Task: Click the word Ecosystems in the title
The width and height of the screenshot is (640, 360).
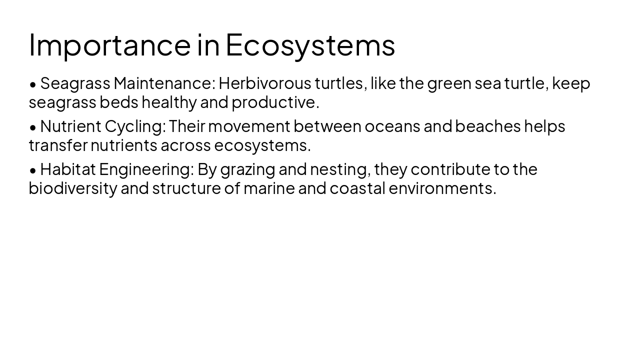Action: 310,44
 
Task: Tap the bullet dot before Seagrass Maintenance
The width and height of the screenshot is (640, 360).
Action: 33,84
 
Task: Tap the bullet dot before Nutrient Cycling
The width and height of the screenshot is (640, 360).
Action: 33,127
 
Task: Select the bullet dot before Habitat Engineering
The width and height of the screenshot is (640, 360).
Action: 33,170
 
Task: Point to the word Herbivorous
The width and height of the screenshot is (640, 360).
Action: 264,83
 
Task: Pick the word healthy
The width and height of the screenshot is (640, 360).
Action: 169,102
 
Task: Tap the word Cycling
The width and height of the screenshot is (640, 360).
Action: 134,126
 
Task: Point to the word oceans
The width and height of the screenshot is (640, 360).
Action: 392,126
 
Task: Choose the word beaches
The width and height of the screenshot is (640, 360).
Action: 487,126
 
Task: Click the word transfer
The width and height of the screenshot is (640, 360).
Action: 58,145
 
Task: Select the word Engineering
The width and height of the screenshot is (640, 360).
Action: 145,169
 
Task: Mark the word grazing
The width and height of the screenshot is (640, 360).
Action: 247,169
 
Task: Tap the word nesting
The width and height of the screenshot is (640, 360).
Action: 340,169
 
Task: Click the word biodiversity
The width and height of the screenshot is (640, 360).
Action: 72,188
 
